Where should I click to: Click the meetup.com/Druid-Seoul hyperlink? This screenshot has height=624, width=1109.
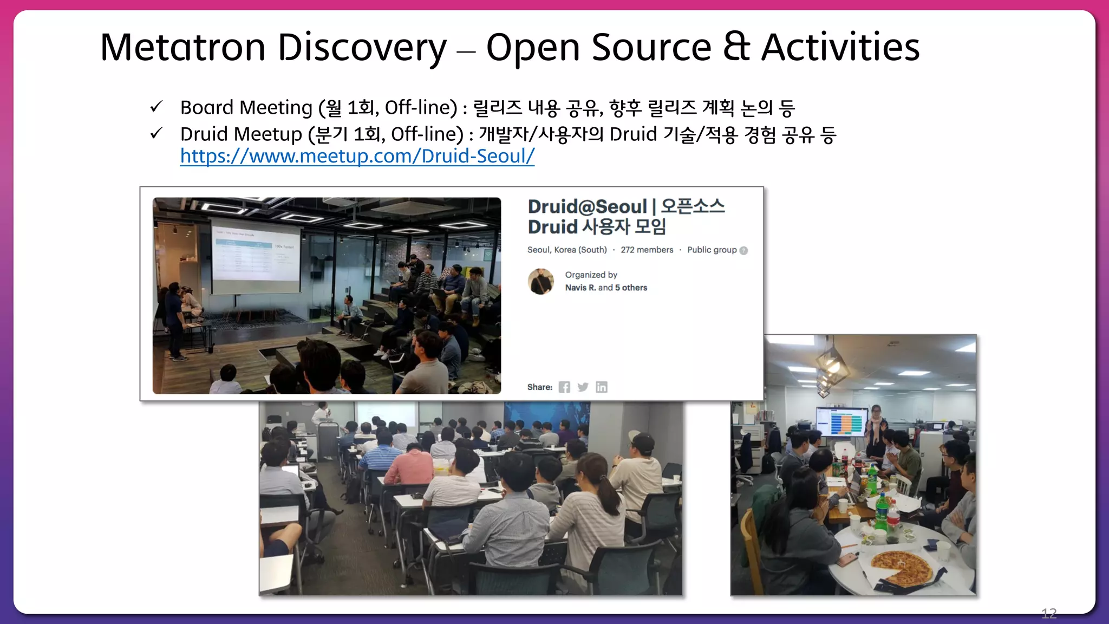(357, 156)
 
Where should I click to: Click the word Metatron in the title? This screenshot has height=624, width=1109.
(182, 47)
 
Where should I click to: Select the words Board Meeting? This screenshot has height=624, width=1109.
(246, 108)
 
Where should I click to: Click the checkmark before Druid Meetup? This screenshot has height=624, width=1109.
(156, 133)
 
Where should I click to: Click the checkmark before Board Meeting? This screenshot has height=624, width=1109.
(156, 107)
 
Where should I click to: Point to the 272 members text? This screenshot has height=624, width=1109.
(647, 250)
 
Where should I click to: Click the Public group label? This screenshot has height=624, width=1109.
(712, 250)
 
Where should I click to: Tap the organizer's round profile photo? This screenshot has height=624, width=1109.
(540, 281)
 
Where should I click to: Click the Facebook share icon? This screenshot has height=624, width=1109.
(564, 387)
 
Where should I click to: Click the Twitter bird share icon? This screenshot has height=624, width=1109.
(583, 387)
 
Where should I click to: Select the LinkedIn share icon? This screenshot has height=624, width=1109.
(601, 387)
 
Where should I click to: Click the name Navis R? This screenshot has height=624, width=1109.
(580, 288)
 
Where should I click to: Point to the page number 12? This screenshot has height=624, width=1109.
(1048, 613)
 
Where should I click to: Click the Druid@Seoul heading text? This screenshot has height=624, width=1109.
(587, 206)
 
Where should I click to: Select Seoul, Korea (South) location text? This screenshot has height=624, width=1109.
(567, 250)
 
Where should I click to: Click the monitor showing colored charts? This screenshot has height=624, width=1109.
(841, 421)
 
